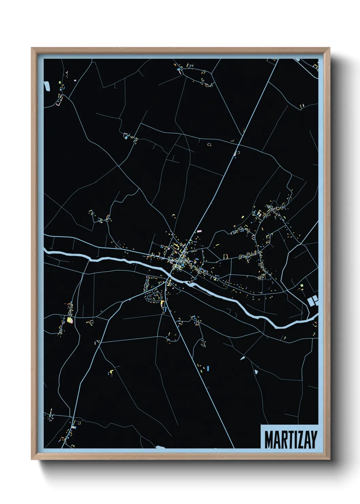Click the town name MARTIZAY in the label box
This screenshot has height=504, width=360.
(x=291, y=439)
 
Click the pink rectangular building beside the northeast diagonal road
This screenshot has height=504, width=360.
(x=199, y=231)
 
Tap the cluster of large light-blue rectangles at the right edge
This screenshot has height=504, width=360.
(x=312, y=300)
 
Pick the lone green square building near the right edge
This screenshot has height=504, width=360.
(x=301, y=285)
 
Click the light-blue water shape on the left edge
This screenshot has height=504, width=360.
(x=47, y=86)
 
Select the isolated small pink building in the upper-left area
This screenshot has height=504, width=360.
(x=75, y=81)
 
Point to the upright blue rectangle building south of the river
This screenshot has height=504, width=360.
(x=208, y=368)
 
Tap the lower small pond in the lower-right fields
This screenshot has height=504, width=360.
(x=256, y=372)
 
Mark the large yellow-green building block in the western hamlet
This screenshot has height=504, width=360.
(x=70, y=320)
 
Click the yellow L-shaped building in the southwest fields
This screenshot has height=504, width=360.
(x=111, y=371)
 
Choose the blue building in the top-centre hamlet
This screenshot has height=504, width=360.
(x=178, y=69)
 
